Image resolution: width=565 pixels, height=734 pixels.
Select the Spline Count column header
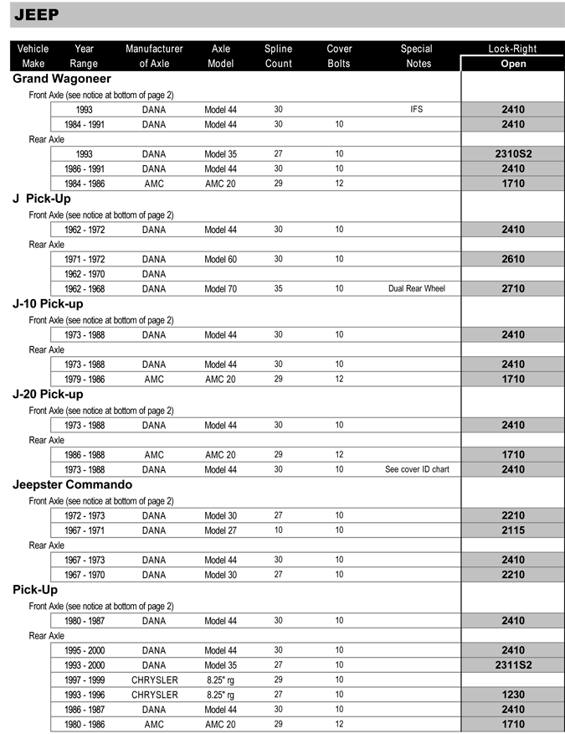(x=278, y=56)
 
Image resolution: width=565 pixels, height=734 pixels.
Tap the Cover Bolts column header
(x=339, y=56)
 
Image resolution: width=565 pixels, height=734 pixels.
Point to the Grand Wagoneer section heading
(x=62, y=79)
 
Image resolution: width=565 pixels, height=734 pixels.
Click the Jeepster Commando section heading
(x=72, y=485)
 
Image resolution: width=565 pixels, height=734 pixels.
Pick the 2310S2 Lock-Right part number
(x=513, y=154)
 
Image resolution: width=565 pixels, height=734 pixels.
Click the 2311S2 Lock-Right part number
(x=513, y=665)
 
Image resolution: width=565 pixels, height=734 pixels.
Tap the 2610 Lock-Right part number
(x=513, y=260)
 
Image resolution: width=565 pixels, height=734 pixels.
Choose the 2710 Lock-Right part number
(x=513, y=289)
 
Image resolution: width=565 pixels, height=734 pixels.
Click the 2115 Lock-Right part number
(x=513, y=530)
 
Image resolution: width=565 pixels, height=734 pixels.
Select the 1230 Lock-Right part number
(x=513, y=695)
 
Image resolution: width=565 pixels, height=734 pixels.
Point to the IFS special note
(x=417, y=110)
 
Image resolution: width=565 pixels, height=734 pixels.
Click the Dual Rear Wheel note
(x=417, y=289)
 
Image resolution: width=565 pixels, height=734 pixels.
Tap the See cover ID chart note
(x=417, y=469)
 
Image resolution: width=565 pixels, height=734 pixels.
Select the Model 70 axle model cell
(x=220, y=289)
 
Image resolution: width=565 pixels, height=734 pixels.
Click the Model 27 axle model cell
(x=220, y=530)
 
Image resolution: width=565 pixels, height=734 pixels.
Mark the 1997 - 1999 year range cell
(x=84, y=680)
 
